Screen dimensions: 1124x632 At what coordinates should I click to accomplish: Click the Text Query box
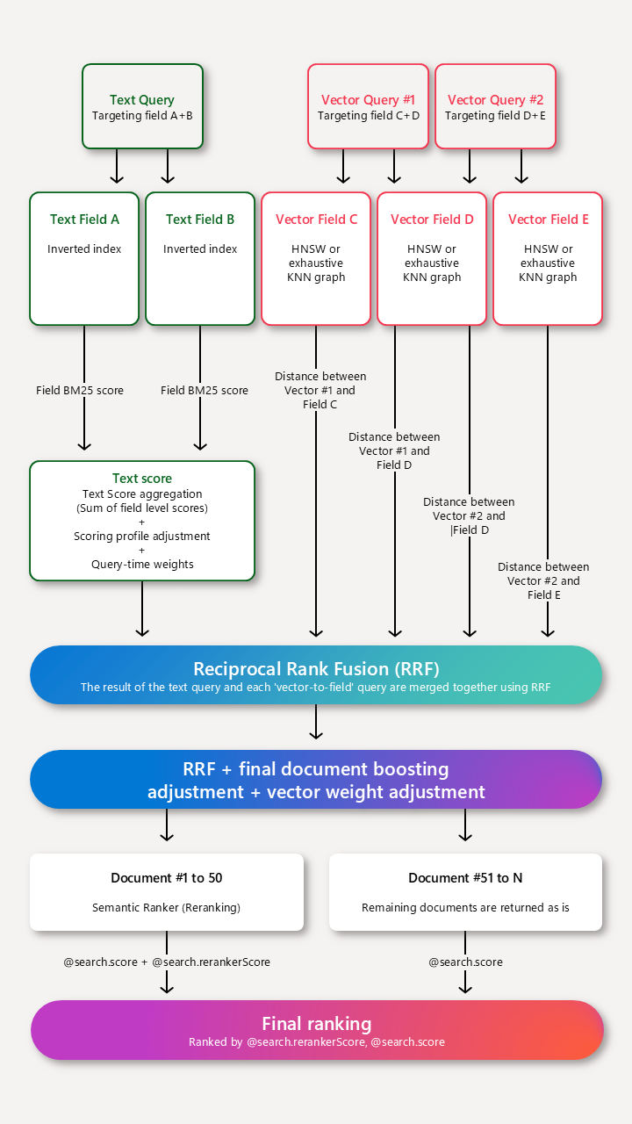pos(142,106)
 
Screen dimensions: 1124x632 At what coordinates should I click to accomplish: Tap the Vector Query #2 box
pos(495,106)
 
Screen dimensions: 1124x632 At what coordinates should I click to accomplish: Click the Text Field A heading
pos(84,220)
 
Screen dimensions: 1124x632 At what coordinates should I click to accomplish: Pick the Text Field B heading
pos(200,220)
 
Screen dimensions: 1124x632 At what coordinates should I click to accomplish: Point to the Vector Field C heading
pos(316,220)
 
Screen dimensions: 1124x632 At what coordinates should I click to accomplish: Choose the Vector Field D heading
pos(432,220)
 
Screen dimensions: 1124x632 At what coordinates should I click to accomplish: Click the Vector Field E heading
pos(548,220)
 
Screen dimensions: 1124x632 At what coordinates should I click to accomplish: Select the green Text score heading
pos(142,479)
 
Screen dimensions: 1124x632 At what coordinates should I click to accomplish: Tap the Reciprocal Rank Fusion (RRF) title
pos(316,667)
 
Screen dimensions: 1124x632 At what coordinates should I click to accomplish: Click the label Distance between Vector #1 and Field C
pos(320,391)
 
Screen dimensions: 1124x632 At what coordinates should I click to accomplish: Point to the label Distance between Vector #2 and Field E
pos(543,581)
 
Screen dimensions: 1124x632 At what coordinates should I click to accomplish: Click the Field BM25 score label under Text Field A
pos(80,391)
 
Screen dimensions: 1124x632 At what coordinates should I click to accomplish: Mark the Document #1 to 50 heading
pos(166,878)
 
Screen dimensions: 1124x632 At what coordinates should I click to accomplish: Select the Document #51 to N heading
pos(465,878)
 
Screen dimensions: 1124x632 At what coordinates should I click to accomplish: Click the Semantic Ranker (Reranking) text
pos(166,907)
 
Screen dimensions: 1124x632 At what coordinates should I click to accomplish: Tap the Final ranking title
pos(316,1023)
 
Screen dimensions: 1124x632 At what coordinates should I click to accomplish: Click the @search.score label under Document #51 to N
pos(465,962)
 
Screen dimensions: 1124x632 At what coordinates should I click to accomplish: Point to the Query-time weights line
pos(142,565)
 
